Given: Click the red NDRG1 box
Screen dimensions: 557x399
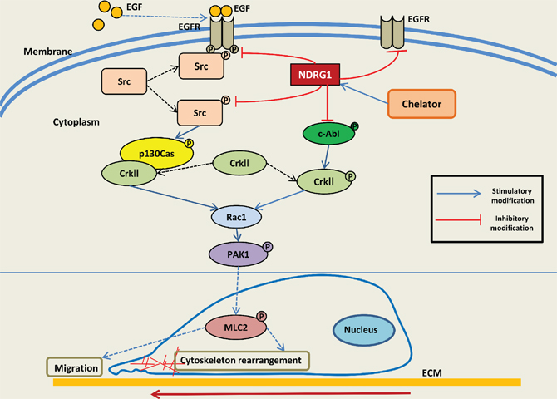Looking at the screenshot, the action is click(x=315, y=75).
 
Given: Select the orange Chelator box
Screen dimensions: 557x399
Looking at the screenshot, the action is click(x=421, y=104).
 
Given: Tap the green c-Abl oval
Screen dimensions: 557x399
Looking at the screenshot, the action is click(x=328, y=134).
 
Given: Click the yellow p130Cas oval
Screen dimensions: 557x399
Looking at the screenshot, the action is click(x=156, y=153).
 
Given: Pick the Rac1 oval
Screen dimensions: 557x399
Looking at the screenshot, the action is click(x=237, y=217).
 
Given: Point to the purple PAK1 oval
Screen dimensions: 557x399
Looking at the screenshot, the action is click(x=238, y=254).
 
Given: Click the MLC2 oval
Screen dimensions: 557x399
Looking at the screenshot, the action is click(x=236, y=328).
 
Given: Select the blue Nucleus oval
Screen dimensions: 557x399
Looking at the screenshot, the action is click(x=364, y=330).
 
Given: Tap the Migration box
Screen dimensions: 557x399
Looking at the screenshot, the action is click(x=75, y=367).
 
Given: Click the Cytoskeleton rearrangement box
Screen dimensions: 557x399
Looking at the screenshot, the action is click(x=242, y=361).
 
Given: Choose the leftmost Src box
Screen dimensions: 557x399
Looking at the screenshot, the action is click(x=124, y=81).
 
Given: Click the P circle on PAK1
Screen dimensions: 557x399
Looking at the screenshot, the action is click(x=268, y=247).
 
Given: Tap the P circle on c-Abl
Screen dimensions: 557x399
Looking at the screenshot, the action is click(x=354, y=126).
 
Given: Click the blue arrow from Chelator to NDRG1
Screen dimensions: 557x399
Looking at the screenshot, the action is click(x=364, y=94).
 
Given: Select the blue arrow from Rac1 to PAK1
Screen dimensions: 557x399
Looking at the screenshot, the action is click(x=237, y=235).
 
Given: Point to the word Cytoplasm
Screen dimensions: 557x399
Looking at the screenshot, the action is click(x=76, y=122).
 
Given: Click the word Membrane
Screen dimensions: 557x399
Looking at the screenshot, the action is click(x=48, y=52).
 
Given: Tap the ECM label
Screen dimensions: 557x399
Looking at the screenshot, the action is click(x=432, y=372).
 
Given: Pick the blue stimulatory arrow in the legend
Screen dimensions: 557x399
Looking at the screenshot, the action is click(x=459, y=194).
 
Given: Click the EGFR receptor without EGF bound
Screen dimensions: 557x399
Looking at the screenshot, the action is click(x=392, y=32).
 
